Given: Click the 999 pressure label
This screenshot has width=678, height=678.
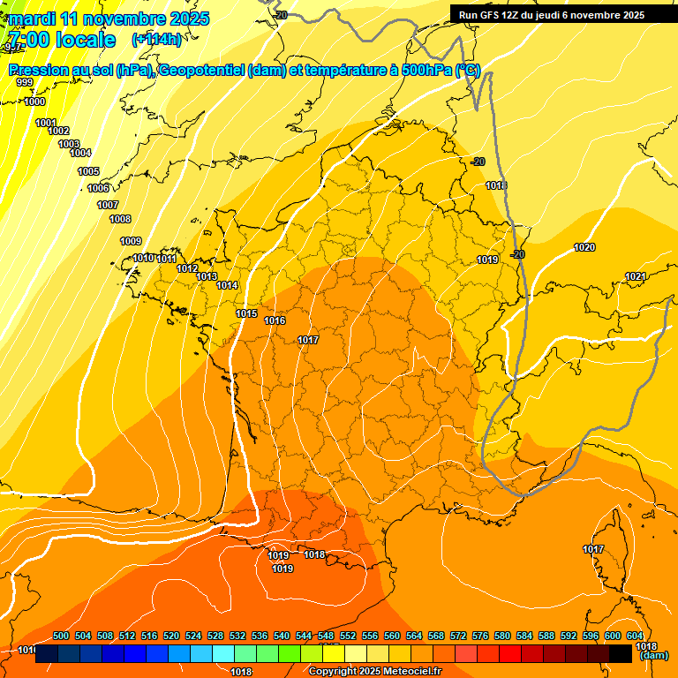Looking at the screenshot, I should (x=25, y=82).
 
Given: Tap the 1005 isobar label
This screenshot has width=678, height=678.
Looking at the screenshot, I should (x=88, y=171).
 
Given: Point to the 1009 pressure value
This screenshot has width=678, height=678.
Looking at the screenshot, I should (x=131, y=241).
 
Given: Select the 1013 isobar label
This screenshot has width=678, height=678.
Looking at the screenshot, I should (x=207, y=276).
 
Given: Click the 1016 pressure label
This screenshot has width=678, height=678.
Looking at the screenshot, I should (x=275, y=320).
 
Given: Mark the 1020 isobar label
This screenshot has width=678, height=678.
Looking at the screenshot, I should (x=584, y=247).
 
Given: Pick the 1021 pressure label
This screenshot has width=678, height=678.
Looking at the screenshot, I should (x=636, y=276).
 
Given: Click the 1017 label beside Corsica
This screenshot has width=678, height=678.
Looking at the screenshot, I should (x=593, y=550).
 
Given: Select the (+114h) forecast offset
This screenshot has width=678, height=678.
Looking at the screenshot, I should (x=157, y=40).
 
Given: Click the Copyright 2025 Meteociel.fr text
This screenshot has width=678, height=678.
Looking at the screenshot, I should (x=375, y=671).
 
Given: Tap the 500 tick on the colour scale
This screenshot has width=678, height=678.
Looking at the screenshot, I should (x=61, y=636).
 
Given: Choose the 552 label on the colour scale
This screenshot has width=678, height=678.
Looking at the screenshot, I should (x=348, y=636).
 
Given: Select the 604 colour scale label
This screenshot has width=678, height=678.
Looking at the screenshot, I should (x=635, y=636).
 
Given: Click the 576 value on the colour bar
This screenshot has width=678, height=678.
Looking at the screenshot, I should (x=480, y=636).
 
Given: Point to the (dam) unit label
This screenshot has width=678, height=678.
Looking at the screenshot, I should (x=653, y=656).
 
